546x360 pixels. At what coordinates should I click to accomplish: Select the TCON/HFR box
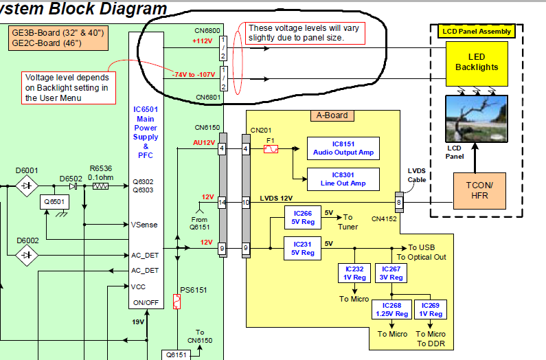(x=479, y=190)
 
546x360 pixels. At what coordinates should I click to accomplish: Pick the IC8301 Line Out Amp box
(x=343, y=179)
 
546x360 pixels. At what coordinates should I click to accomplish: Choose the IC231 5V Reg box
(x=302, y=249)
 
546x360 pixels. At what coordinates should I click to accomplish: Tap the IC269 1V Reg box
(x=431, y=310)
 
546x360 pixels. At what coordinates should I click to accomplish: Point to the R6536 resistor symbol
(x=100, y=185)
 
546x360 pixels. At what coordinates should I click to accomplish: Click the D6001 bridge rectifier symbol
(x=27, y=185)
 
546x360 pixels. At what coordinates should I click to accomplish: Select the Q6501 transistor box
(x=53, y=202)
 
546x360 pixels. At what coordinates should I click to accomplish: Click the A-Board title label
(x=332, y=115)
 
